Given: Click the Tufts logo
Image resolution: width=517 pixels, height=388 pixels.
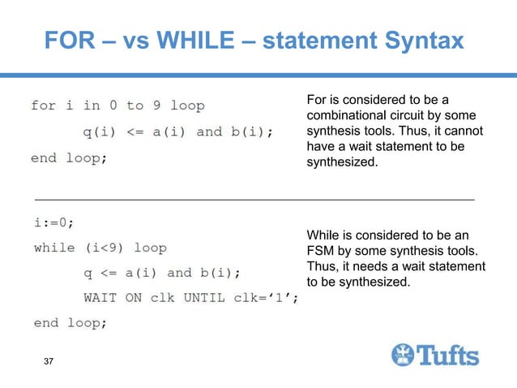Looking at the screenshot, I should click(x=435, y=355).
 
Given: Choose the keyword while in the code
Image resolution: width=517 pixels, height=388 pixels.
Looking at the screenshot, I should click(x=54, y=248).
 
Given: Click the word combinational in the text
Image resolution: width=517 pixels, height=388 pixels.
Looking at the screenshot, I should click(x=345, y=115).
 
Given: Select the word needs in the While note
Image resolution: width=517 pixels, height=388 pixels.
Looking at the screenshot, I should click(x=367, y=267).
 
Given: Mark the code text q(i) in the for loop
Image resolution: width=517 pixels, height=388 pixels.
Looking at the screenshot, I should click(x=100, y=131).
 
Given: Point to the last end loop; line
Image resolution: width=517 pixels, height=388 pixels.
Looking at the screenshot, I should click(x=69, y=323).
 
